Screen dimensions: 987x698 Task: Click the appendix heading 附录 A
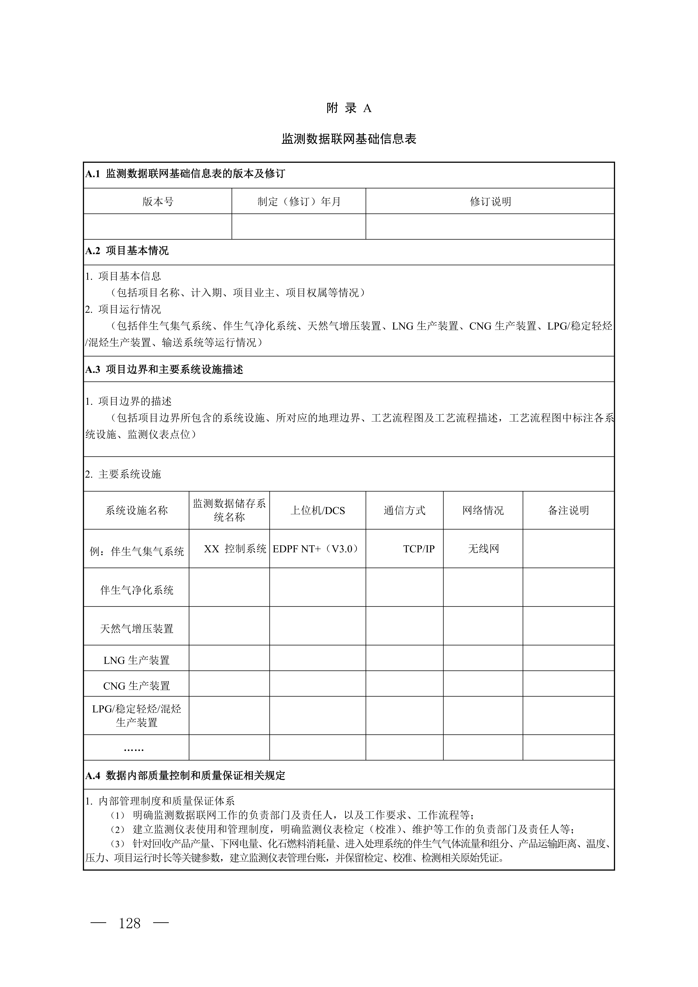point(349,108)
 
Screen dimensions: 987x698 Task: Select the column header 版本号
point(158,202)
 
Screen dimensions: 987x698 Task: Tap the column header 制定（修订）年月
point(299,202)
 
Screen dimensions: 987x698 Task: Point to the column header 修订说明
point(490,202)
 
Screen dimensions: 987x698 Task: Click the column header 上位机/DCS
point(318,511)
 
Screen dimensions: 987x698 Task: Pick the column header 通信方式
point(404,511)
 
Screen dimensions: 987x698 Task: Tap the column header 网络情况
point(483,511)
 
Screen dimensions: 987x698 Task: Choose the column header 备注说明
point(568,511)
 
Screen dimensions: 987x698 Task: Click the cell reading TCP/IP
point(419,549)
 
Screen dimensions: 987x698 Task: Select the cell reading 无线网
point(483,549)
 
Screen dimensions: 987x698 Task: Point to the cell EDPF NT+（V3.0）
point(315,549)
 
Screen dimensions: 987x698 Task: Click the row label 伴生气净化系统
point(137,590)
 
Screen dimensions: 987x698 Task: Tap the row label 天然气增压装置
point(137,629)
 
